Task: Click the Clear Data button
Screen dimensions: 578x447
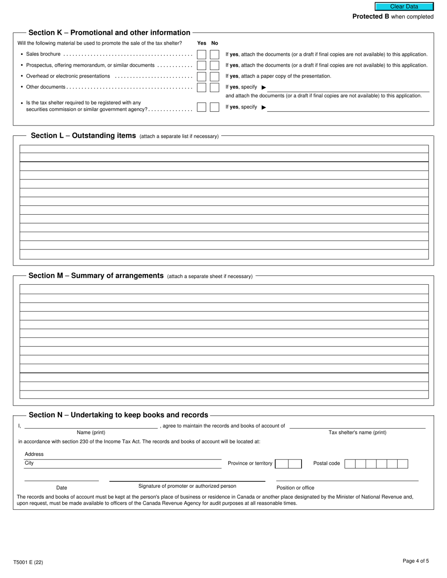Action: point(404,7)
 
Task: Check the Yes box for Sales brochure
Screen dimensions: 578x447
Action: point(201,55)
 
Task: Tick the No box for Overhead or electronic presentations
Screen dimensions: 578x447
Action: point(215,76)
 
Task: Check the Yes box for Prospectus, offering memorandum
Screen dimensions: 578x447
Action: point(201,65)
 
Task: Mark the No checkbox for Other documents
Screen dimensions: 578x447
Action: point(215,87)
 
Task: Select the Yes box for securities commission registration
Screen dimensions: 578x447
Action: point(201,107)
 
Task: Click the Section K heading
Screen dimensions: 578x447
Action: point(109,32)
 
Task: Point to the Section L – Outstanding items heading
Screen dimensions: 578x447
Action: point(83,135)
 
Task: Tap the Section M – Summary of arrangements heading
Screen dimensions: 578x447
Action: point(96,275)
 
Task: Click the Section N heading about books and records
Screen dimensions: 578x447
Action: point(118,415)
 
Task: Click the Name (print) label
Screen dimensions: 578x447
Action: point(91,432)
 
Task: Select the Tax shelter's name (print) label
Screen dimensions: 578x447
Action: point(357,432)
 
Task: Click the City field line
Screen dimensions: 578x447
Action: point(122,463)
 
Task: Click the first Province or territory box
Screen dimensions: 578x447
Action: point(282,464)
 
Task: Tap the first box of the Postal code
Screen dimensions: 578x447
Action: point(350,464)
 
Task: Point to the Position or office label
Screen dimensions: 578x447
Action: point(295,488)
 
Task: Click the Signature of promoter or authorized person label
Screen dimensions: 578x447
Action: point(187,486)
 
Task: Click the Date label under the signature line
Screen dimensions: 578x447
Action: point(62,488)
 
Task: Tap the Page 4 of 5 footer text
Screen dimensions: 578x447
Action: point(415,561)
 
